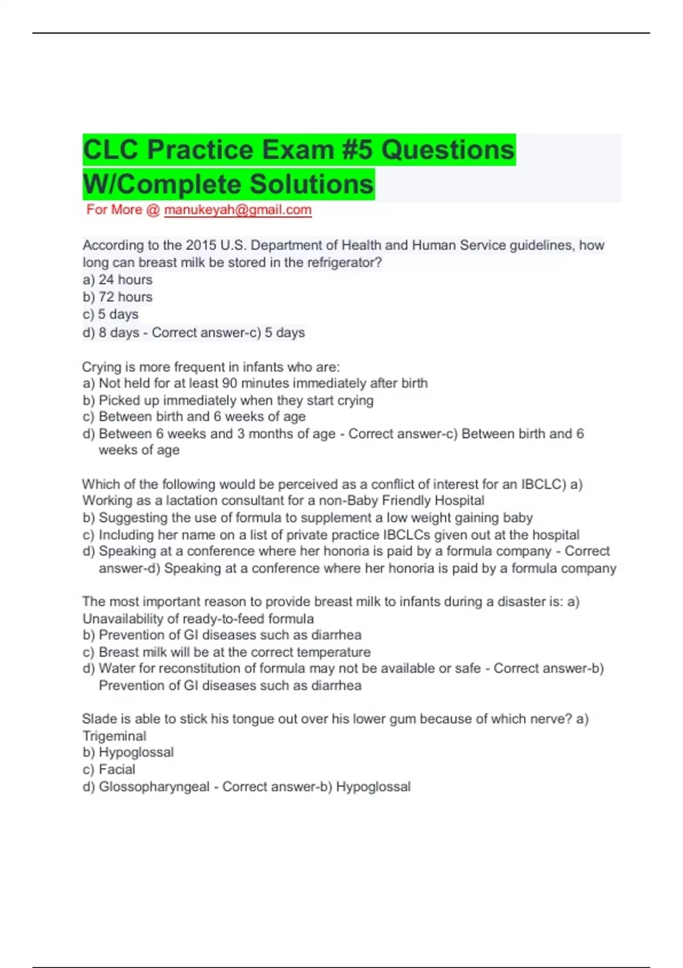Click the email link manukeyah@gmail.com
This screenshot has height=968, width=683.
(237, 210)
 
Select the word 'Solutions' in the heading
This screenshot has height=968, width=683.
(311, 184)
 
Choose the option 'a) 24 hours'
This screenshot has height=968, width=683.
(118, 280)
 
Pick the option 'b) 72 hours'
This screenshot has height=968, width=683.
(118, 297)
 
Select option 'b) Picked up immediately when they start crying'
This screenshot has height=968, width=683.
(228, 400)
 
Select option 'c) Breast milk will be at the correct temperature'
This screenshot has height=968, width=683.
(227, 652)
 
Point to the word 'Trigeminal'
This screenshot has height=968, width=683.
(114, 736)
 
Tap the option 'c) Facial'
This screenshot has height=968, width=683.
(109, 770)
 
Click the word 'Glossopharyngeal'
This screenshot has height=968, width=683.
(154, 787)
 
